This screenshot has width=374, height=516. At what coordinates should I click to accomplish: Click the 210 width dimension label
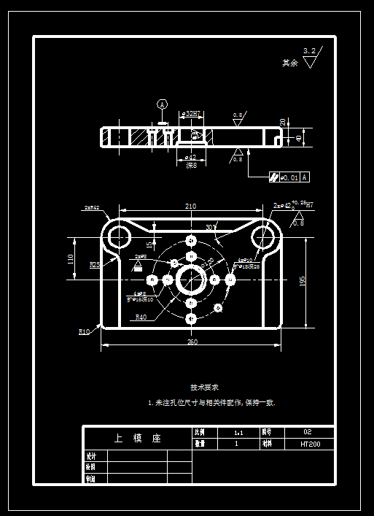[x=190, y=207]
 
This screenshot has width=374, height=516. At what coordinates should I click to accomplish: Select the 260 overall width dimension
[x=192, y=342]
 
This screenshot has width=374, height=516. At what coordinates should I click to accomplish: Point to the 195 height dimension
[x=303, y=280]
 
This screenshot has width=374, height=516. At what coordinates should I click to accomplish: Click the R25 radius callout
[x=95, y=265]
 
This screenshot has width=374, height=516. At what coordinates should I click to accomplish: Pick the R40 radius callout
[x=141, y=317]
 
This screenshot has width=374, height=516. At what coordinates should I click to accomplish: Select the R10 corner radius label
[x=84, y=331]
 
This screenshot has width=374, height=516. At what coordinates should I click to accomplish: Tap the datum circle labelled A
[x=162, y=104]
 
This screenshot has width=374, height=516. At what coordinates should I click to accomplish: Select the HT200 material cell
[x=310, y=444]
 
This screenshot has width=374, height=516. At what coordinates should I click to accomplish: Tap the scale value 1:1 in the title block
[x=237, y=432]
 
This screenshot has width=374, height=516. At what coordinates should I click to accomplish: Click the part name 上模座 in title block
[x=137, y=439]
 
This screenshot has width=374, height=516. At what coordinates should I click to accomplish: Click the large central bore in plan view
[x=191, y=280]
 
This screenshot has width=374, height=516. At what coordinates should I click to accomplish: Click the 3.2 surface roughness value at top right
[x=309, y=51]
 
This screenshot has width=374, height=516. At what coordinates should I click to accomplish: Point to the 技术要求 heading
[x=204, y=387]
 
